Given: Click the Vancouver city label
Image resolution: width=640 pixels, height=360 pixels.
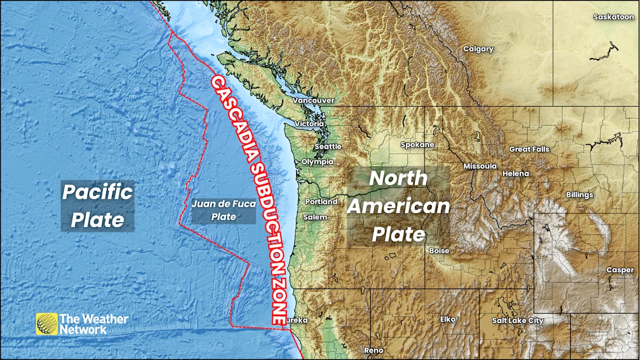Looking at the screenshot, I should [x=313, y=100].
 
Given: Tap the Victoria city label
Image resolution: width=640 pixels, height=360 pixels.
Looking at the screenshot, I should [x=309, y=124].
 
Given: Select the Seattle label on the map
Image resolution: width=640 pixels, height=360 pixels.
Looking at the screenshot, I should [x=327, y=147].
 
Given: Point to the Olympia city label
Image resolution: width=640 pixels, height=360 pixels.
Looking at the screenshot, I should [x=317, y=162].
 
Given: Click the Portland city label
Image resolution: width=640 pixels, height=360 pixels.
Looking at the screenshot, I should [x=321, y=202].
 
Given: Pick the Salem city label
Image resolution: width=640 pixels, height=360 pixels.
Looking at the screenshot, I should [x=315, y=217].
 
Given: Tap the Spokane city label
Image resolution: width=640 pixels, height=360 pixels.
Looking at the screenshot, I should [x=417, y=145].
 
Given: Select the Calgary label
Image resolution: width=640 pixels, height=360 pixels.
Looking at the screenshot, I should [x=478, y=49].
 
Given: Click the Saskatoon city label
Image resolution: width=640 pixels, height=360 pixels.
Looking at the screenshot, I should [x=613, y=17].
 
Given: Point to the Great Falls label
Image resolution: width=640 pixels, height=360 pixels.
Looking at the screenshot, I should [x=529, y=149].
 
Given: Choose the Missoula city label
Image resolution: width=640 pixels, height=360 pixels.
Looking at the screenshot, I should [x=480, y=166].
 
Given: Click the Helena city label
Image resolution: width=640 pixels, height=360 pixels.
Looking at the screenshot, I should [x=516, y=173].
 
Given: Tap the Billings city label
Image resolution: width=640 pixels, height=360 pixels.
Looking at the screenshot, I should [x=579, y=195].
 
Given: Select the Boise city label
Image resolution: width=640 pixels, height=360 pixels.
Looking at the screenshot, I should [x=438, y=251].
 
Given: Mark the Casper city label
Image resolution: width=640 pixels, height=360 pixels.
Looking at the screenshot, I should [x=620, y=270].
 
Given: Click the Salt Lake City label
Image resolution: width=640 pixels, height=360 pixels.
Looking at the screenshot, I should [x=517, y=321].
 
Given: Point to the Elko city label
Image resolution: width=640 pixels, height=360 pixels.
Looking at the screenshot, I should [x=447, y=319].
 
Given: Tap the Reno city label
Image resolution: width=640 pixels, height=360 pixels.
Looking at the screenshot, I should [x=373, y=350].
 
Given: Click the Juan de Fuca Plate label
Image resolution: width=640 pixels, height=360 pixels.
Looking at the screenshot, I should [x=223, y=210].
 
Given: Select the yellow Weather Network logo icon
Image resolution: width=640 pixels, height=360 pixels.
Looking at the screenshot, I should [x=46, y=324].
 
